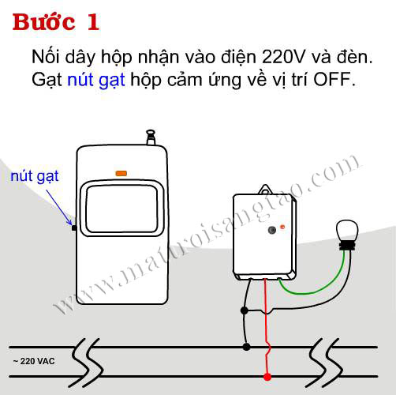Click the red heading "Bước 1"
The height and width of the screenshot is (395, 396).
click(56, 22)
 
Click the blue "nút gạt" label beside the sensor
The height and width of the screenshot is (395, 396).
click(35, 176)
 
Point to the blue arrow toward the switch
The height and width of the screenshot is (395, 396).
click(59, 208)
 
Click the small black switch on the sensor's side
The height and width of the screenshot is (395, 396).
click(74, 228)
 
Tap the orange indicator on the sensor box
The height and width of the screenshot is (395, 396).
click(121, 174)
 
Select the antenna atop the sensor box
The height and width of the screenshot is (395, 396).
click(151, 137)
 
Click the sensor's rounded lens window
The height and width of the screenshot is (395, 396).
click(121, 209)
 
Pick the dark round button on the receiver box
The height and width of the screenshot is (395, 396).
click(272, 230)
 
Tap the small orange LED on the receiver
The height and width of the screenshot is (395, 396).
click(282, 227)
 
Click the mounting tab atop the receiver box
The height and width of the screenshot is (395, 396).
click(265, 190)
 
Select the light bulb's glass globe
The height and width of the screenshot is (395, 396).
click(347, 231)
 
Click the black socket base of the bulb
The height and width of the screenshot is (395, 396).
click(347, 246)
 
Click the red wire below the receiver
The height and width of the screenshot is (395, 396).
click(266, 326)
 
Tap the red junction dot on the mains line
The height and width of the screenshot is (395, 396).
click(267, 377)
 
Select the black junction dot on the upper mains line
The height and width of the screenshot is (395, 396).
click(246, 347)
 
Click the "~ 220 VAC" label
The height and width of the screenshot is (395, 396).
click(34, 361)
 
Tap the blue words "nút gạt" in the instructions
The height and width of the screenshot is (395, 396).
click(96, 80)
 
